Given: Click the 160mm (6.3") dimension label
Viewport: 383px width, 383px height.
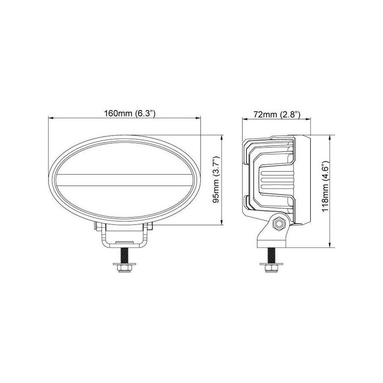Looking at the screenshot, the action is click(x=130, y=113).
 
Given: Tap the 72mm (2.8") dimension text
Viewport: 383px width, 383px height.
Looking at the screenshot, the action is click(x=277, y=114).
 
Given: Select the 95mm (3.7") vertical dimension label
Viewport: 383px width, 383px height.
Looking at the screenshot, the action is click(x=216, y=180).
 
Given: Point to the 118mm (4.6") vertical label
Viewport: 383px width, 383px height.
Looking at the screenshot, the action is click(x=326, y=186).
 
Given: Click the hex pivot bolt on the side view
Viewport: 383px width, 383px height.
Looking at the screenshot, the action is click(x=278, y=224).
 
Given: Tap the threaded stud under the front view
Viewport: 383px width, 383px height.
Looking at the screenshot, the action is click(x=124, y=256).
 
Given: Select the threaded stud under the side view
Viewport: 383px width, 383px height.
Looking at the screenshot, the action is click(x=271, y=256).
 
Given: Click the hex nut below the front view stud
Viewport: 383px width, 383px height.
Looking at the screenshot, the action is click(x=124, y=269).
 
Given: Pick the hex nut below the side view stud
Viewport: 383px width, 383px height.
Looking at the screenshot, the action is click(x=271, y=269).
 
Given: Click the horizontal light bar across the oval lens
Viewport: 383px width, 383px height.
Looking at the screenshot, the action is click(x=124, y=180).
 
